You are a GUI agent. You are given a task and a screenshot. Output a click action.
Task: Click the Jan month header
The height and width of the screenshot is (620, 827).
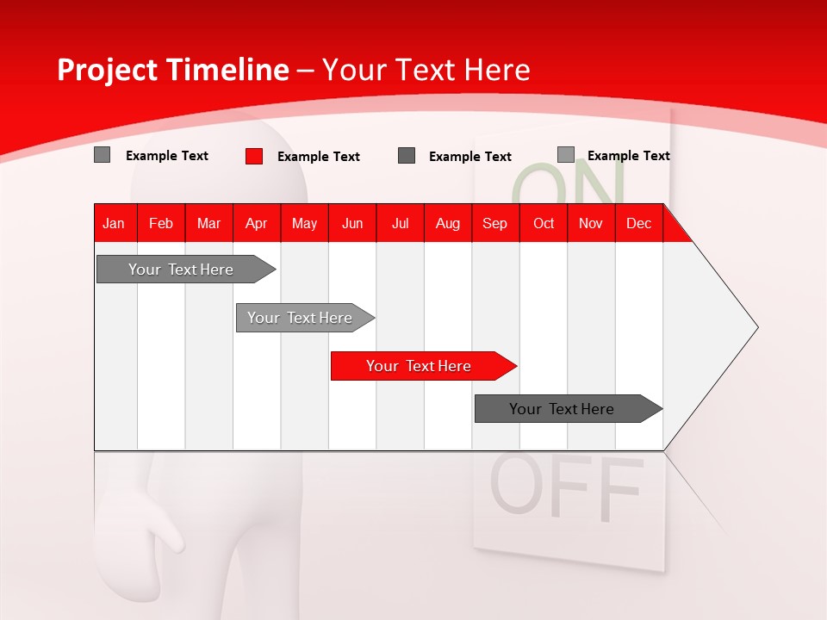[114, 223]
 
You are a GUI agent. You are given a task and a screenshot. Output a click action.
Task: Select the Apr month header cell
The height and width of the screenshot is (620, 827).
[256, 223]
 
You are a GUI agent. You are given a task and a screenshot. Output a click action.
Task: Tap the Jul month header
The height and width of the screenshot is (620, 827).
[400, 223]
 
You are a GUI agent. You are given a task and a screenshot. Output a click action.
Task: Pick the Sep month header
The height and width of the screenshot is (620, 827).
[494, 223]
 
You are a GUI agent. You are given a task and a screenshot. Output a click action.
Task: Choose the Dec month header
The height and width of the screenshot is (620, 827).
[638, 223]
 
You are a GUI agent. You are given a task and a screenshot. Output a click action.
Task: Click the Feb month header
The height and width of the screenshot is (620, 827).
[161, 223]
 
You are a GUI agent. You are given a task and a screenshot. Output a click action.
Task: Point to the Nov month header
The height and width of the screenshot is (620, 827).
[590, 223]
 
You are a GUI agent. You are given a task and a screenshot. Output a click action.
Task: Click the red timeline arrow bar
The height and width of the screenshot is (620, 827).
[422, 366]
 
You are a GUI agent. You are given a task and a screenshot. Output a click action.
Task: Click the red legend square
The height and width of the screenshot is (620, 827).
[254, 156]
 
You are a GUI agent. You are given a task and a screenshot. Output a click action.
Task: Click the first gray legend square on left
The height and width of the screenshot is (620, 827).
[103, 155]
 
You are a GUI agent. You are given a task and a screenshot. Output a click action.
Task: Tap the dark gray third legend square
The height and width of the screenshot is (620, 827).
[407, 156]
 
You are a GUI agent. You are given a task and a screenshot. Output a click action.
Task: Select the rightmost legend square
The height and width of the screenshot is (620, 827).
[566, 155]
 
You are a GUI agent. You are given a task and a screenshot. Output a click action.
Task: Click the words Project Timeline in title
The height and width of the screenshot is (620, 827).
[172, 70]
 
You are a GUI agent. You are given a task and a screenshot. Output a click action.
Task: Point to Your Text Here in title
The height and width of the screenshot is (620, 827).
[426, 70]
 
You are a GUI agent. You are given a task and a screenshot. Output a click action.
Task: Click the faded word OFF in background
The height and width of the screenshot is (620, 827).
[566, 489]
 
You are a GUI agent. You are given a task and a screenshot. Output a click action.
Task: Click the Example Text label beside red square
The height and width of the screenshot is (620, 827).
[318, 157]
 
